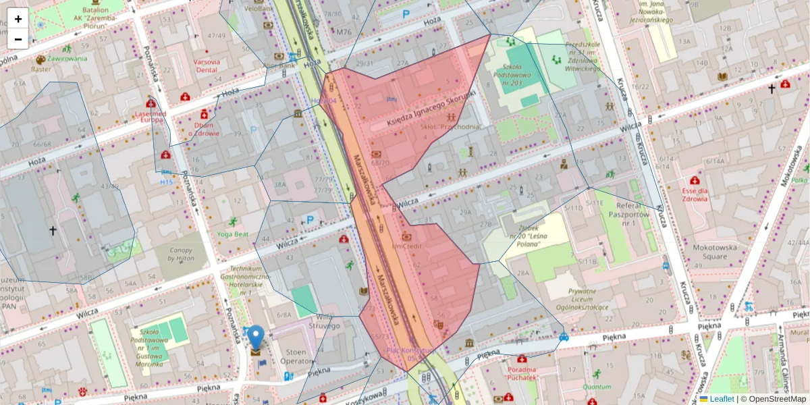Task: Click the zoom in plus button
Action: (x=18, y=18)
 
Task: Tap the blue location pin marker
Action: (x=256, y=338)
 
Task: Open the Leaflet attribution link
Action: (x=721, y=399)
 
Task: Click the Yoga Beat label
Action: (x=232, y=234)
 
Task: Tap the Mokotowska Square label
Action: (x=714, y=252)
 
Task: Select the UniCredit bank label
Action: (x=406, y=246)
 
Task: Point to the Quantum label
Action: (x=597, y=387)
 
